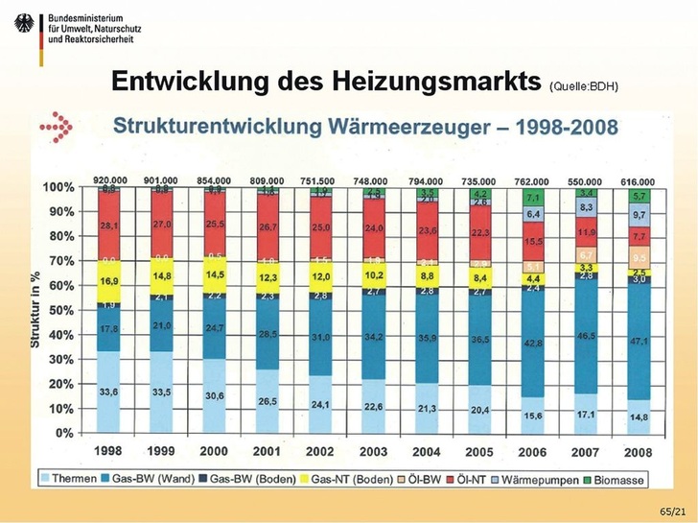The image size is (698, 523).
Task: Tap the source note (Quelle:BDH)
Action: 584,86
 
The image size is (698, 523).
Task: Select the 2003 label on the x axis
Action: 373,450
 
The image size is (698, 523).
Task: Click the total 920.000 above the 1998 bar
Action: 109,180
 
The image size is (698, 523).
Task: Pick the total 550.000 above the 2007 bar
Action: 585,181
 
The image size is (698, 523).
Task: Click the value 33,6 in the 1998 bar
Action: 109,392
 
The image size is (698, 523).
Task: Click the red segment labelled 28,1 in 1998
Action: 109,226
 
